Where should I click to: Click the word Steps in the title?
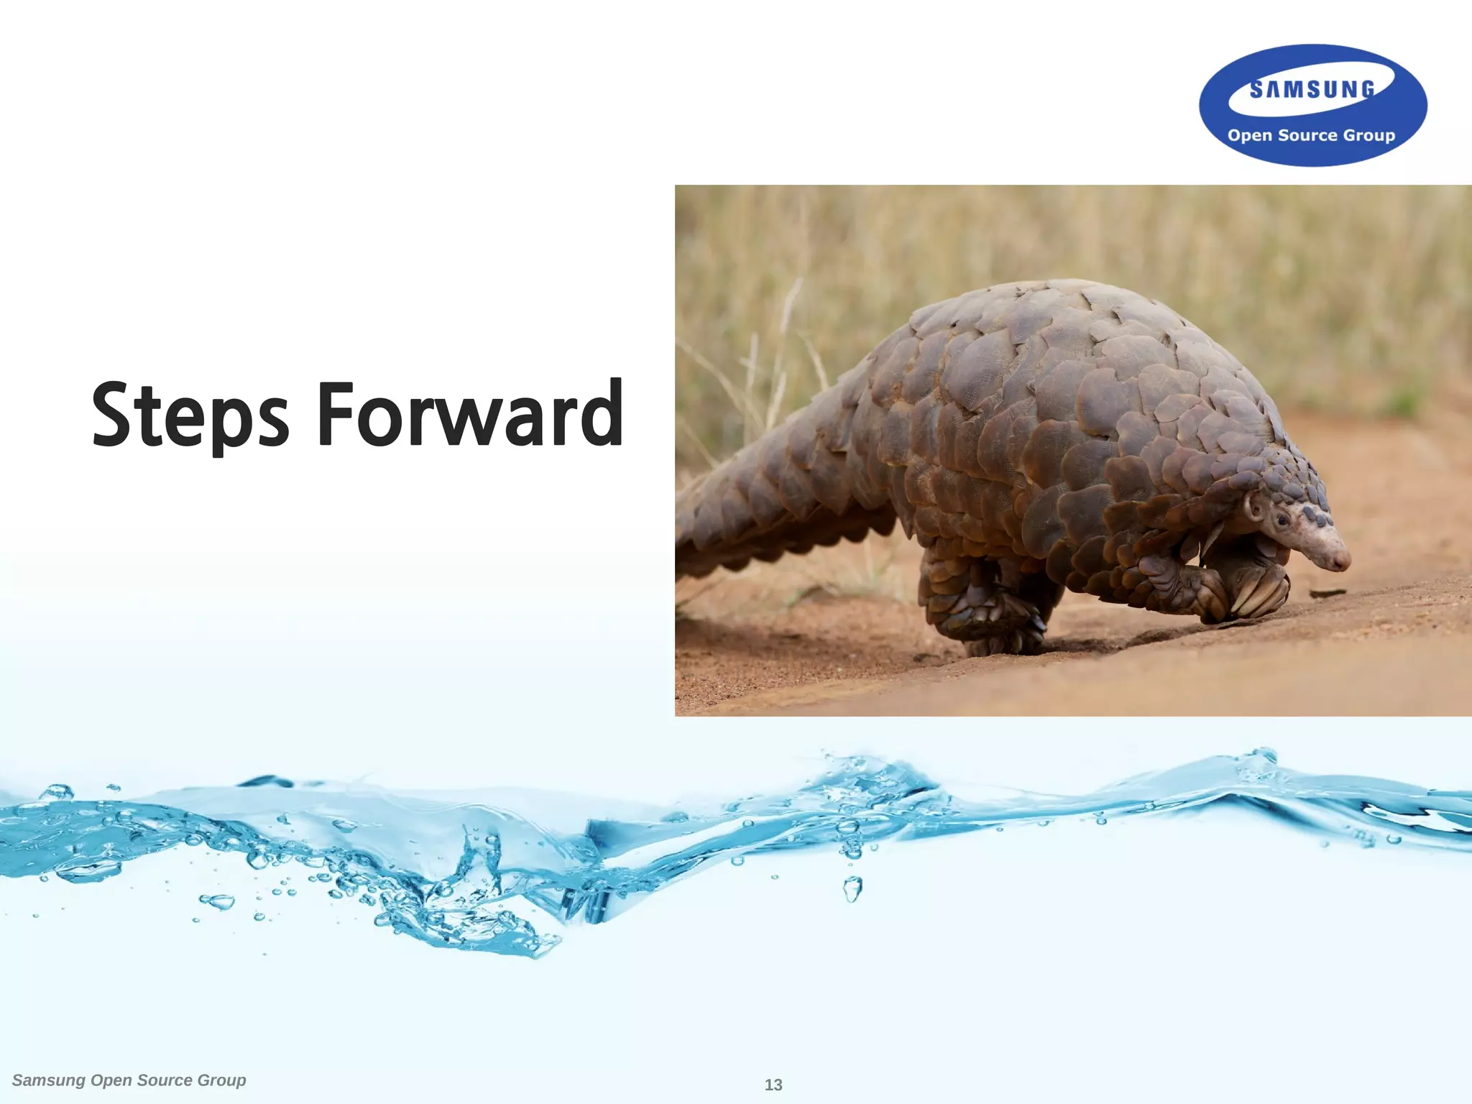click(190, 415)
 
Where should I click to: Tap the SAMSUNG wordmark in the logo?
click(1312, 90)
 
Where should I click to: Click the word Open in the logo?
click(1250, 136)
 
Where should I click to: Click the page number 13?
click(773, 1085)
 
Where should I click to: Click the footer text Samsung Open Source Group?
click(129, 1080)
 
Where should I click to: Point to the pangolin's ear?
click(1256, 507)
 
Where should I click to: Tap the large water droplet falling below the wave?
click(852, 889)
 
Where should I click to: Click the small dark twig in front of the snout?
click(1327, 593)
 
